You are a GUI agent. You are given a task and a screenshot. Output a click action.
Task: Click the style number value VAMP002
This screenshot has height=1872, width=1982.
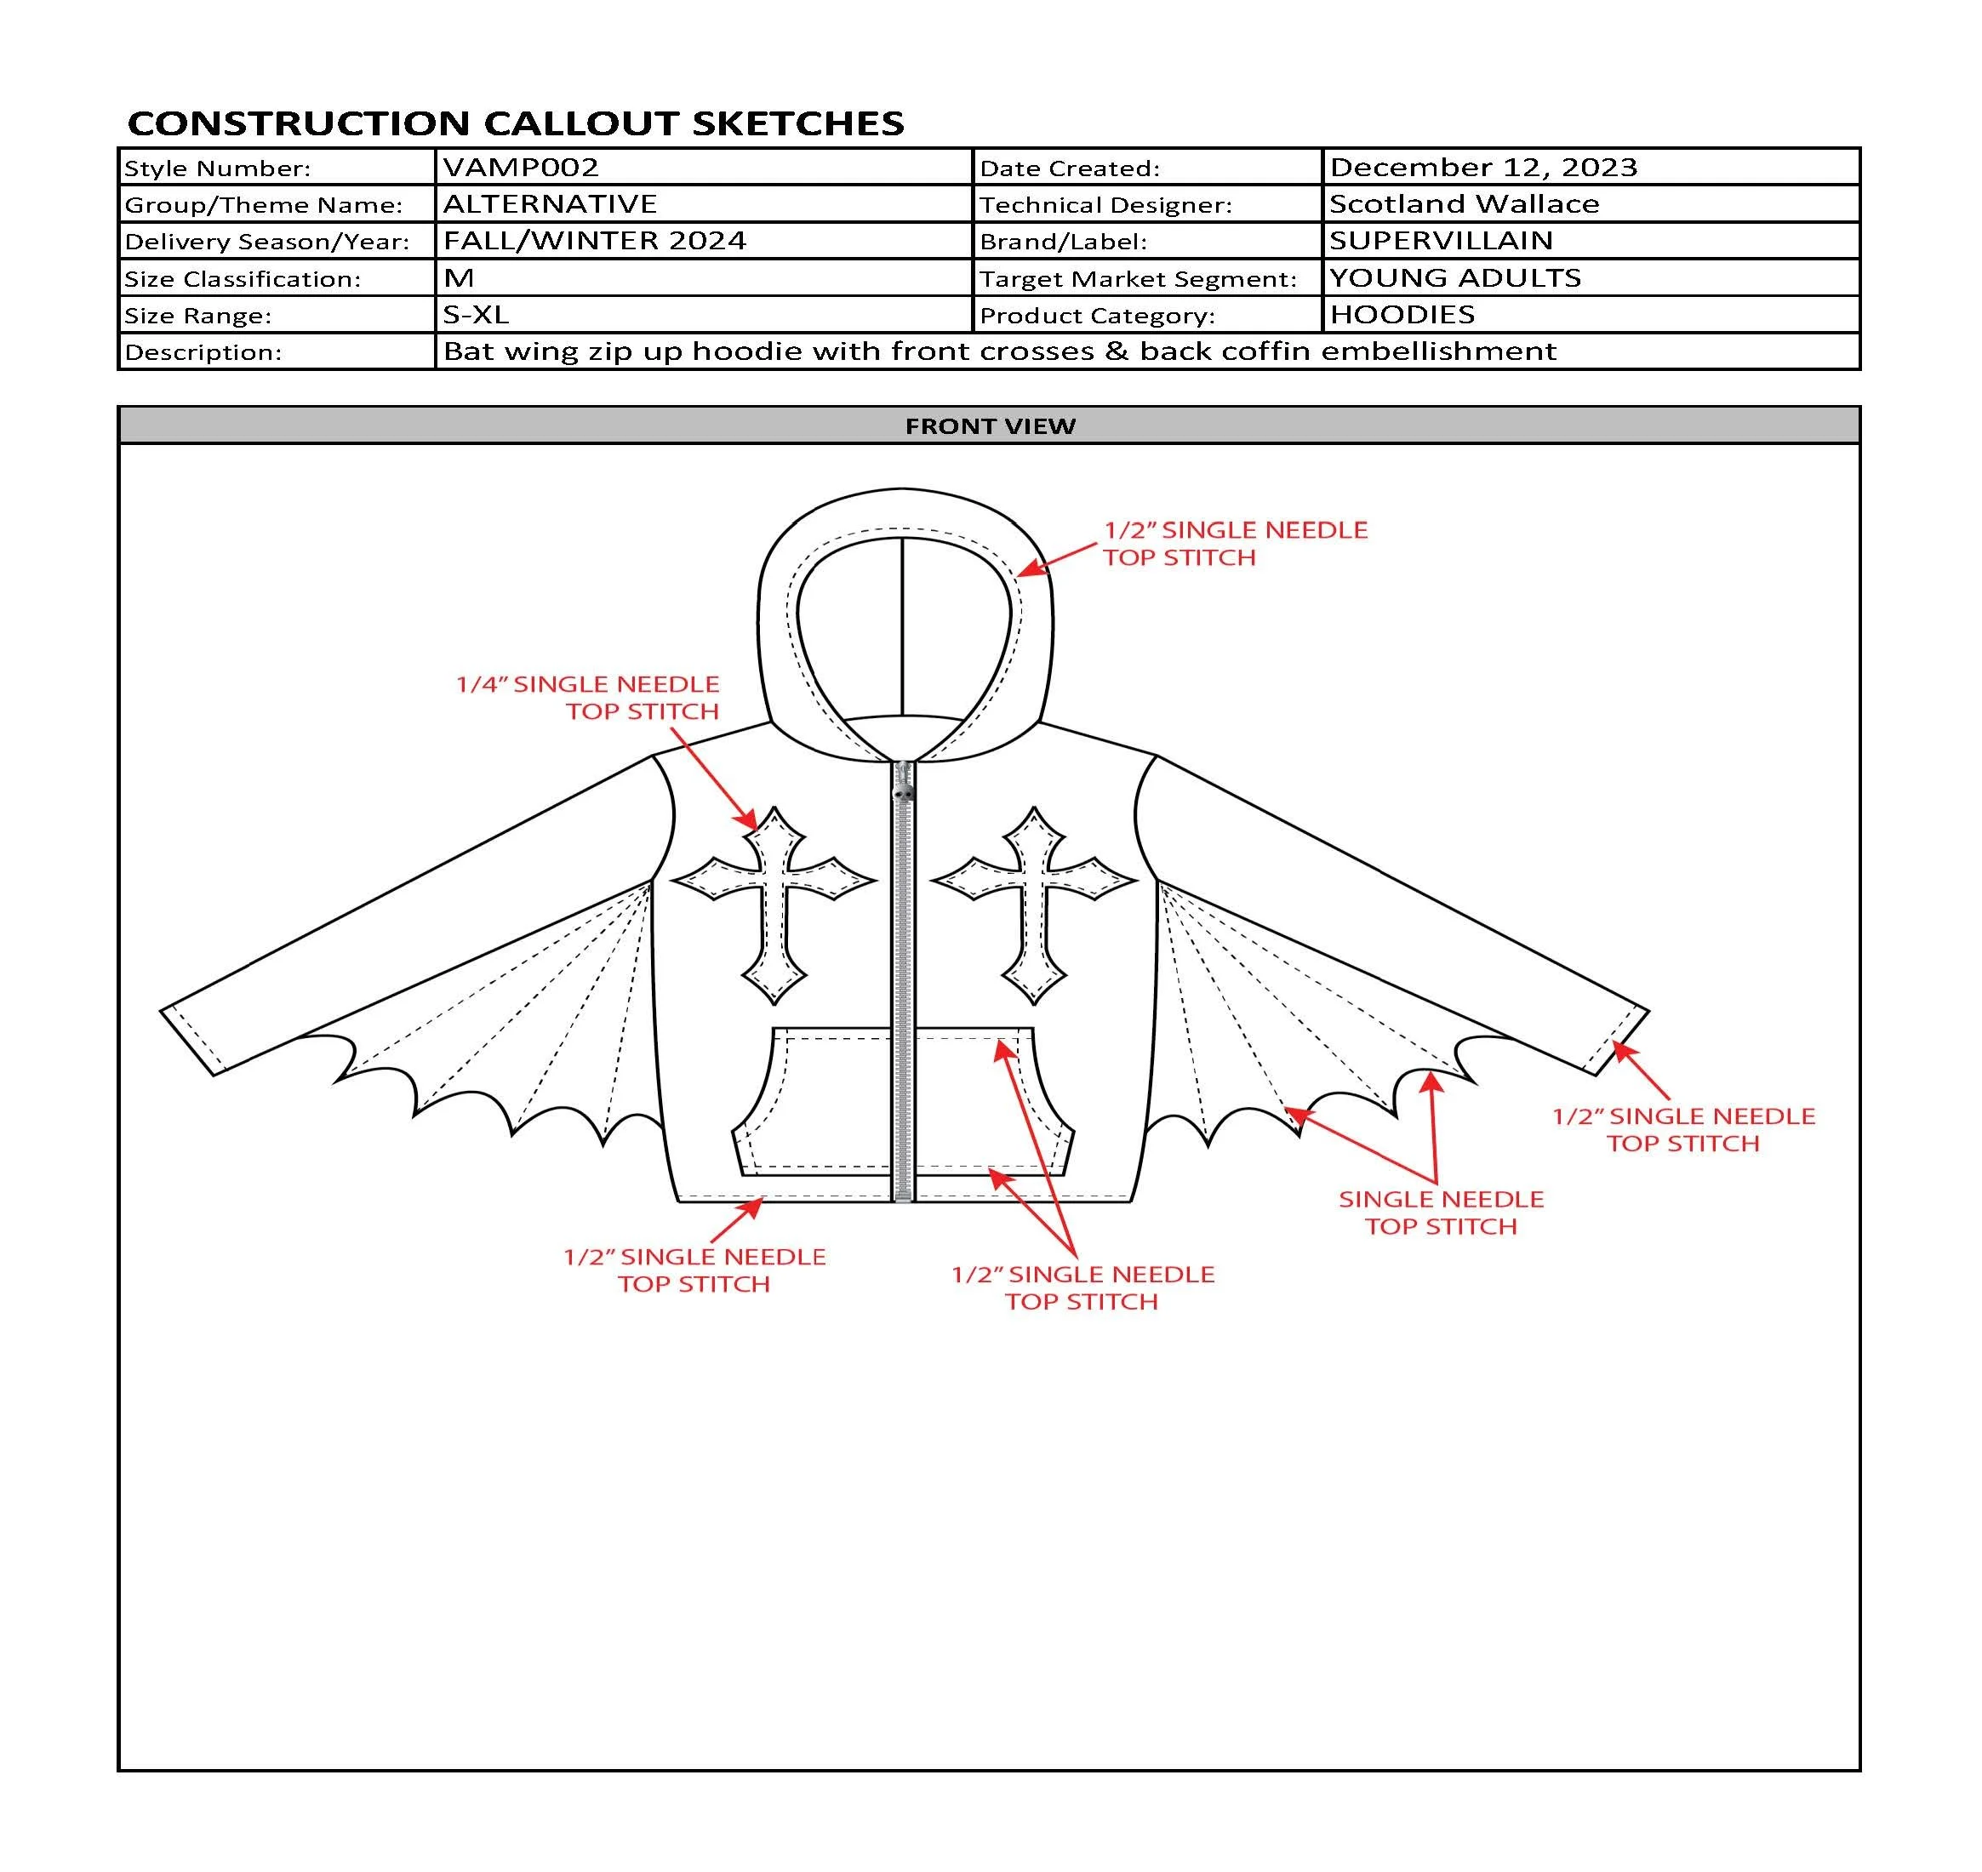520,167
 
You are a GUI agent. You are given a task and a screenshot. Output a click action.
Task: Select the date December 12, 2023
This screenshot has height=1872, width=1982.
1483,167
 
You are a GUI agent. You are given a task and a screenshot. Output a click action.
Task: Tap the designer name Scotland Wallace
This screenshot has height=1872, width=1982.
1463,203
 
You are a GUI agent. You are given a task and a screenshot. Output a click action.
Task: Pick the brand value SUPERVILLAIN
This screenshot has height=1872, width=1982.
1440,241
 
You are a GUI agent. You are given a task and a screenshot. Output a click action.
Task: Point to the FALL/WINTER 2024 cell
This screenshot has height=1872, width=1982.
594,241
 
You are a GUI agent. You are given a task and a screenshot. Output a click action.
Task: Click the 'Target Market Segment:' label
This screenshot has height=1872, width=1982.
1138,278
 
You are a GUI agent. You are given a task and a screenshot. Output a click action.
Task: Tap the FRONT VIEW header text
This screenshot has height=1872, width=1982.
989,426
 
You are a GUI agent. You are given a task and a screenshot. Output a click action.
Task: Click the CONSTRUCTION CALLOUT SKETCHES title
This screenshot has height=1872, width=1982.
515,123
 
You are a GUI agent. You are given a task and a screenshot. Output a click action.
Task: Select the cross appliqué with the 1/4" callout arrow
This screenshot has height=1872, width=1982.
774,904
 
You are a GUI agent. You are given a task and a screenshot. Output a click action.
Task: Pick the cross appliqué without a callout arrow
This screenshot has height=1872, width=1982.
1034,904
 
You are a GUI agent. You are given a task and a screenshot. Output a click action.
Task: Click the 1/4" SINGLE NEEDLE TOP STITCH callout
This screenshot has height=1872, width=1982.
589,698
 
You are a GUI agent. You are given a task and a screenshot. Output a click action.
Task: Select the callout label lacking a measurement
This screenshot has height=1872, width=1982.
1440,1213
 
